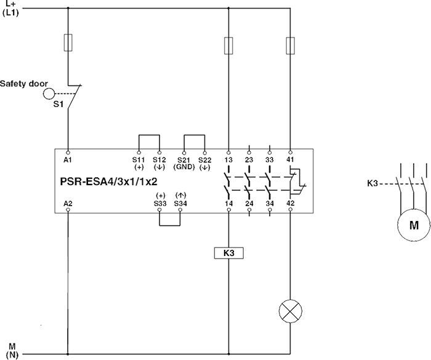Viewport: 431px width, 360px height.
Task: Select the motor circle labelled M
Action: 412,225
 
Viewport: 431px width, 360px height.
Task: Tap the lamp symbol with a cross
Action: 289,311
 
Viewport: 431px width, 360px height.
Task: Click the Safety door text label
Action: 24,83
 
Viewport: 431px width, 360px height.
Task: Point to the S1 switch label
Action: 57,105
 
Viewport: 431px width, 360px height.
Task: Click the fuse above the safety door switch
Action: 68,42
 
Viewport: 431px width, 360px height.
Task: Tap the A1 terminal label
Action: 68,161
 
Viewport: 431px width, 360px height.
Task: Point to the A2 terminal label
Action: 68,202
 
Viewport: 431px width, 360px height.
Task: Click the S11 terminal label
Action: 139,161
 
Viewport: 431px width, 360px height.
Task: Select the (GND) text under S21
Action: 183,167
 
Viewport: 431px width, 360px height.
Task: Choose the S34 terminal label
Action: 179,202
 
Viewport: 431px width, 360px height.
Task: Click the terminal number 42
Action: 290,202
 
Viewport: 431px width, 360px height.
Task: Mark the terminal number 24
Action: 249,202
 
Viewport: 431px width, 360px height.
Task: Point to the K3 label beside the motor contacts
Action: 371,183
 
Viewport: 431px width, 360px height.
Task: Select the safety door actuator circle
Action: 49,94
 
